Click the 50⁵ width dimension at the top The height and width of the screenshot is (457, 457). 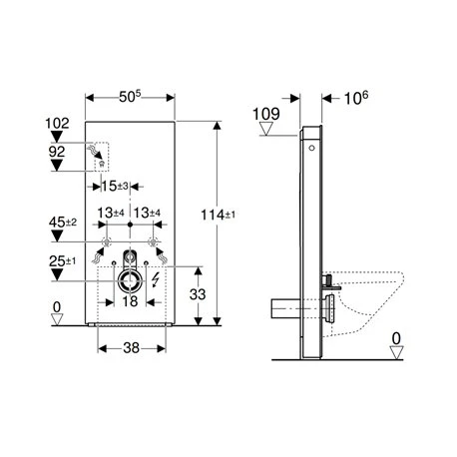click(x=130, y=97)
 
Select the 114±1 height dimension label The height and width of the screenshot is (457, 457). click(x=218, y=216)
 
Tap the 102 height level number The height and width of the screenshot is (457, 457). click(x=57, y=123)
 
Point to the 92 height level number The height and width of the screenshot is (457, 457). click(x=57, y=152)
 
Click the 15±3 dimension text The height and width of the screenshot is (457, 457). click(x=115, y=186)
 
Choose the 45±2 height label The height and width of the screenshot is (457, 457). click(x=63, y=223)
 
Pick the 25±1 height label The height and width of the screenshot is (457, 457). click(x=63, y=261)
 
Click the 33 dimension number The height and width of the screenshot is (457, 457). click(x=198, y=294)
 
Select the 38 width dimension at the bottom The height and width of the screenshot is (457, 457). click(x=132, y=348)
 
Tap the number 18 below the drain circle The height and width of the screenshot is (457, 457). click(x=130, y=301)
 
